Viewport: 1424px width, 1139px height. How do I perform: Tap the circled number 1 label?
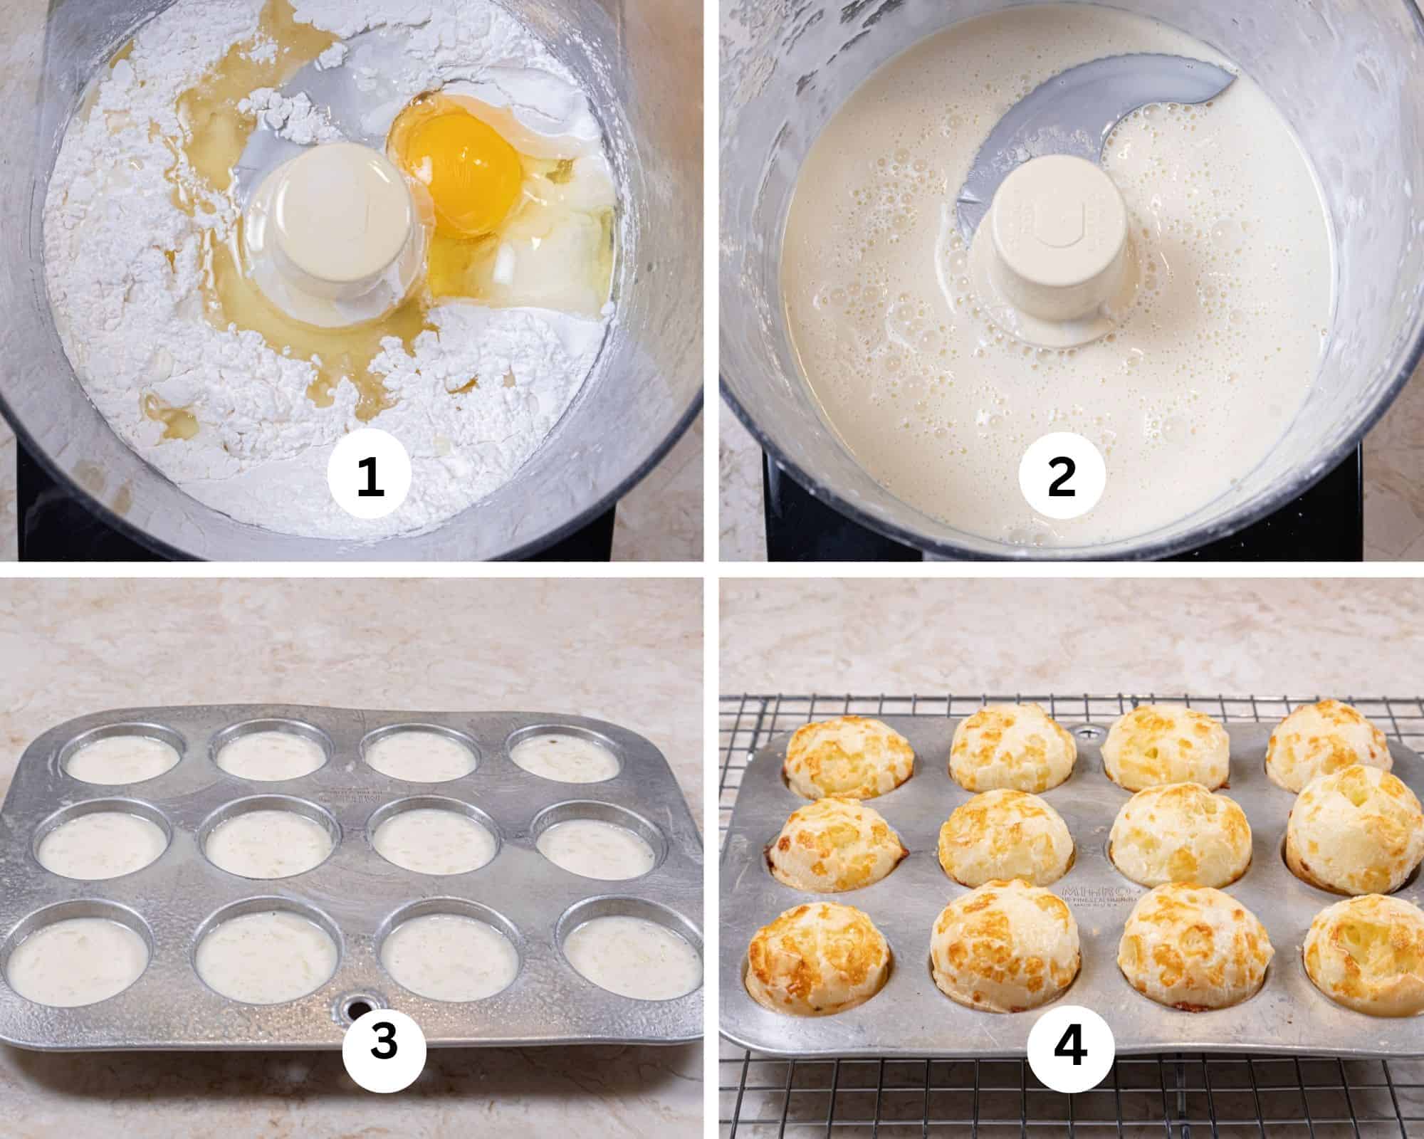point(370,477)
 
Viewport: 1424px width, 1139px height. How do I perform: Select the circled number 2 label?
point(1062,477)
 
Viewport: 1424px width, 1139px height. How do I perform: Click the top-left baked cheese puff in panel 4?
point(849,756)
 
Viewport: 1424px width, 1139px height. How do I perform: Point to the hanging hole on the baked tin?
point(1085,731)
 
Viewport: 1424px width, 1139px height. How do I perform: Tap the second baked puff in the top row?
point(1012,752)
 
